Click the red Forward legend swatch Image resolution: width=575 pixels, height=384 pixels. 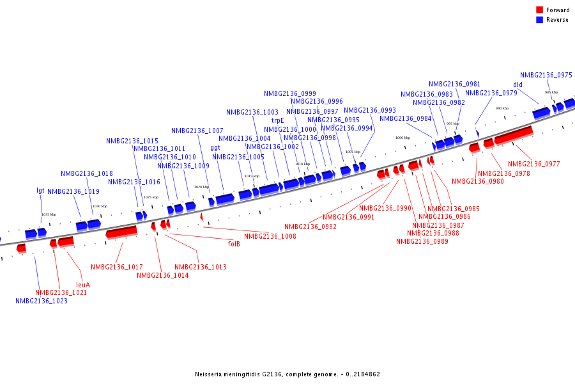(539, 10)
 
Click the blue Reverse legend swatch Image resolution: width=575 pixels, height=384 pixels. (539, 20)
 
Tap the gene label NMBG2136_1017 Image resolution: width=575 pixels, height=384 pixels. (116, 267)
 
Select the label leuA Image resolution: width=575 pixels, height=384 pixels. (83, 285)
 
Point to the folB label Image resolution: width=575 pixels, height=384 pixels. (234, 244)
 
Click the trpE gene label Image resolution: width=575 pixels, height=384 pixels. (277, 120)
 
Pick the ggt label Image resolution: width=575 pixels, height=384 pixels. (215, 148)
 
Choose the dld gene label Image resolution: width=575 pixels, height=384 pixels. (517, 84)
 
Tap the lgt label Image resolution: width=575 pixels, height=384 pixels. (40, 191)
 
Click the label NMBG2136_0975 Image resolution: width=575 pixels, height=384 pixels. (546, 75)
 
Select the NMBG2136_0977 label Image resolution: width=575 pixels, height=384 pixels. (533, 164)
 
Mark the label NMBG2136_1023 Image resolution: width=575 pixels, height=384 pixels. (42, 301)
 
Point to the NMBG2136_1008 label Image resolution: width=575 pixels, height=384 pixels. (270, 236)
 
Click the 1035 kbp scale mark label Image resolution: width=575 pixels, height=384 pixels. (49, 214)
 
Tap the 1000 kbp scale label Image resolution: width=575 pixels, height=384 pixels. (402, 138)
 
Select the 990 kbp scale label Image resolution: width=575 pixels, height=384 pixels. (502, 108)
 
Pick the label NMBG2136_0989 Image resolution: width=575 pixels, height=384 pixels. (422, 241)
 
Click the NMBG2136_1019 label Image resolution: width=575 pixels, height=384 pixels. (73, 191)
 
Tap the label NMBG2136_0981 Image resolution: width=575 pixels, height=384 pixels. (454, 84)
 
